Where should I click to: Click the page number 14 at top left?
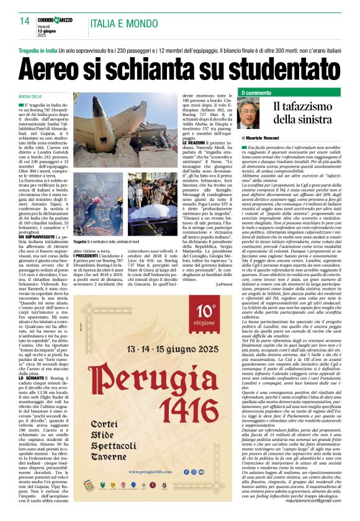point(25,20)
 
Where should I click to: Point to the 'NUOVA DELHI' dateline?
point(29,97)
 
